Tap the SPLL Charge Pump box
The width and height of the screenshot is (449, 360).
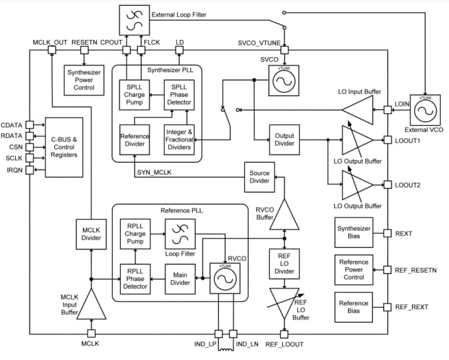tap(134, 95)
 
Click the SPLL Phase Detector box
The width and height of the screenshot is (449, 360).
tap(178, 95)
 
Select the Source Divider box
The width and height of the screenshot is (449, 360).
tap(259, 177)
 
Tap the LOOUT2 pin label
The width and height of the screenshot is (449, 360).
tap(408, 185)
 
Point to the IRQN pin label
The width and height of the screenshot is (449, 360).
tap(14, 169)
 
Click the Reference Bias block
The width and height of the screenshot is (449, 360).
tap(354, 306)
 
